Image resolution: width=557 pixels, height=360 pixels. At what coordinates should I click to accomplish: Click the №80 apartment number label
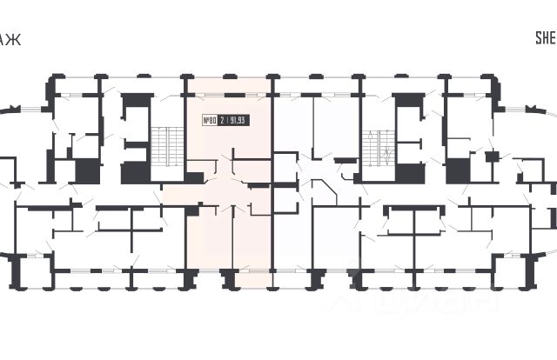point(210,121)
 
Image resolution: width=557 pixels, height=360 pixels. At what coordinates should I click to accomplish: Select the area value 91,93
point(238,121)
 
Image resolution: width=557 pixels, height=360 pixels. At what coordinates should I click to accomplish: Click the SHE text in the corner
point(544,37)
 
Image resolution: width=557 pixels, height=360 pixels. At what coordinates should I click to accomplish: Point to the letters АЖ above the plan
point(9,37)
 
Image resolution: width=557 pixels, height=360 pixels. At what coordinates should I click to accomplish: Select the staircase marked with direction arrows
point(375,145)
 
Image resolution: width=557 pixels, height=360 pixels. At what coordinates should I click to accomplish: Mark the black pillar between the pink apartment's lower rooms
point(230,277)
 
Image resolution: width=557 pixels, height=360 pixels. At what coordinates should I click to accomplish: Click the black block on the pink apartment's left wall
point(194,177)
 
